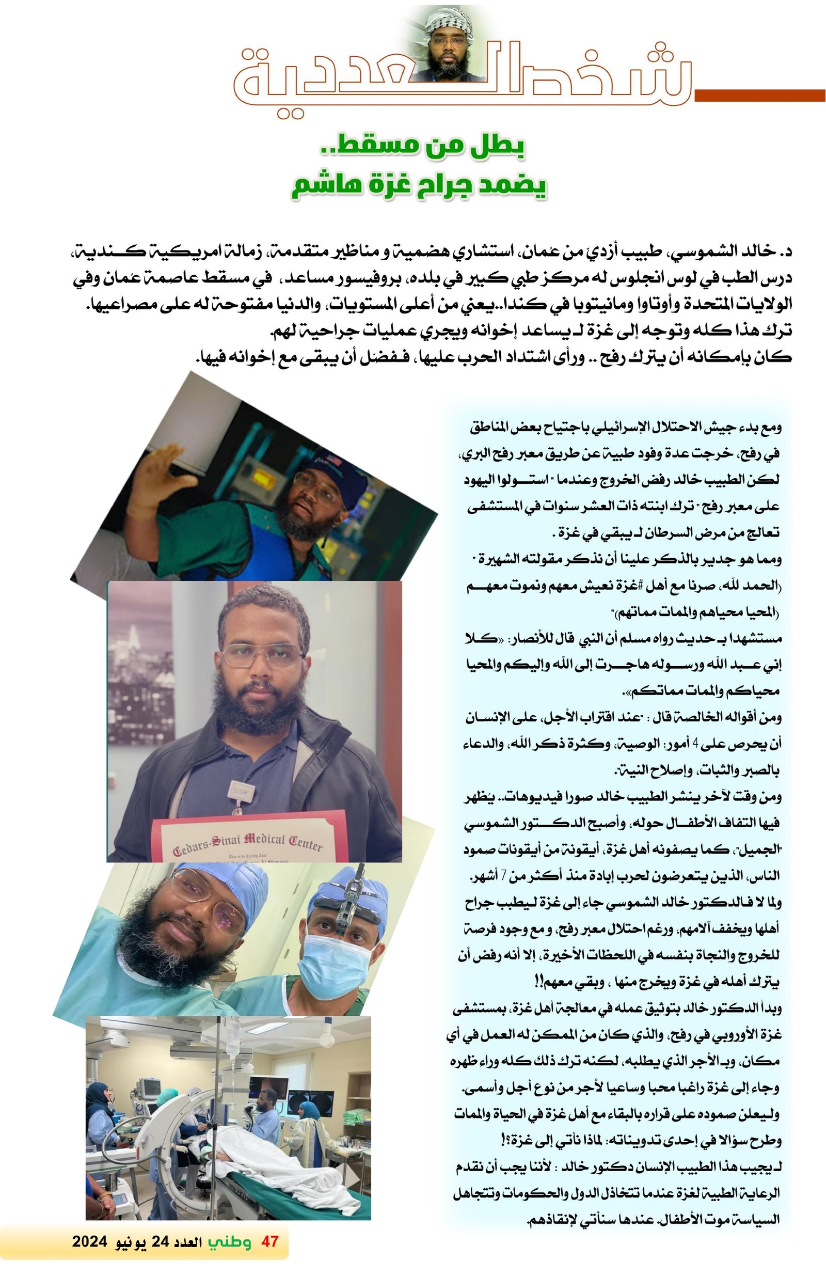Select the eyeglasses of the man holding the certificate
[262, 655]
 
